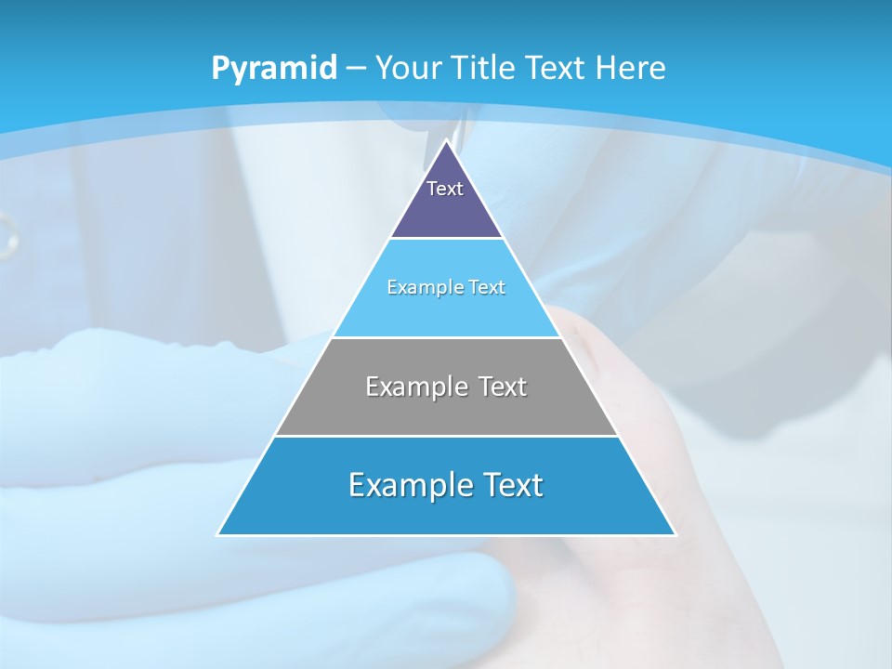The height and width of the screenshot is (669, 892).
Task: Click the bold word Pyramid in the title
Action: click(x=273, y=68)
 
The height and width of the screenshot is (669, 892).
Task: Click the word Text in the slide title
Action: click(x=556, y=68)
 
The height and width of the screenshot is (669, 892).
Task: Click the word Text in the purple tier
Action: click(x=445, y=189)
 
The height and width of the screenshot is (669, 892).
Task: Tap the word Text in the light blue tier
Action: click(x=488, y=287)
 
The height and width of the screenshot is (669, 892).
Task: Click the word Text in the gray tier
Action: click(x=499, y=386)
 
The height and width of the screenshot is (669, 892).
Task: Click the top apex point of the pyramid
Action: click(x=446, y=140)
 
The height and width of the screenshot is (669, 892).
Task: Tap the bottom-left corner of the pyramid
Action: click(x=217, y=534)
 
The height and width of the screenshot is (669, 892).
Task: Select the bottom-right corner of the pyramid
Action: click(x=676, y=534)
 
